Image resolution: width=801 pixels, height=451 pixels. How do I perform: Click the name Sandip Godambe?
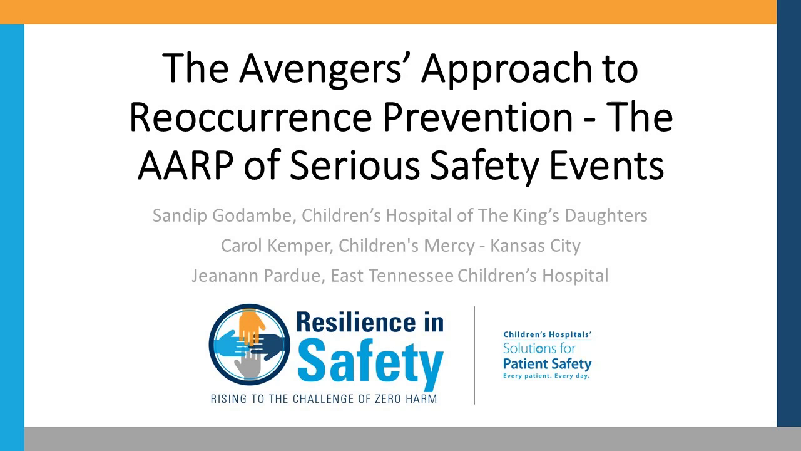pyautogui.click(x=224, y=215)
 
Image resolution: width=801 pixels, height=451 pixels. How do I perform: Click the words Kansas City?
pyautogui.click(x=535, y=246)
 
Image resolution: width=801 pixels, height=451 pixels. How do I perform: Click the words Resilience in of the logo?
pyautogui.click(x=369, y=324)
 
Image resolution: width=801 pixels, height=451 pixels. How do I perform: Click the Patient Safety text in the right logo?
pyautogui.click(x=547, y=364)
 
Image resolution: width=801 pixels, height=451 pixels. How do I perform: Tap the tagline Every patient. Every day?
pyautogui.click(x=546, y=376)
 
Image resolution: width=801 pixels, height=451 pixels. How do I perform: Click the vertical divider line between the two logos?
pyautogui.click(x=474, y=355)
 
